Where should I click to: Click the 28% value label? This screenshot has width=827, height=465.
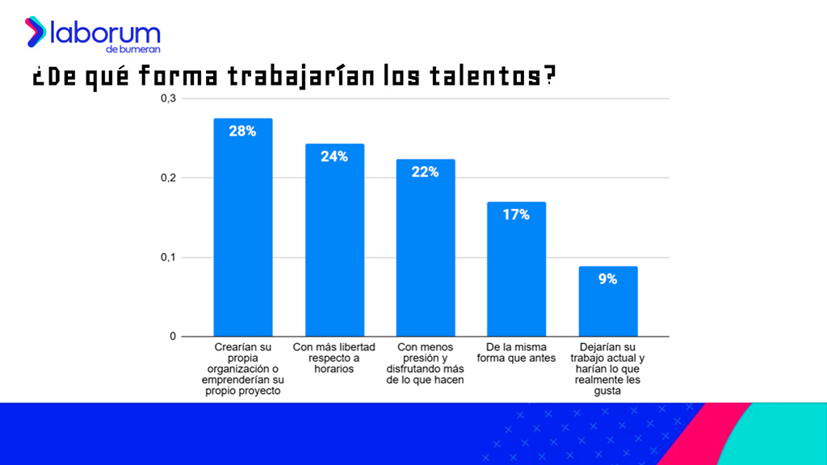point(242,131)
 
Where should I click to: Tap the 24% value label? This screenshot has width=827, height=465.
point(334,157)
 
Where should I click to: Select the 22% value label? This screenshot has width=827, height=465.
point(425,172)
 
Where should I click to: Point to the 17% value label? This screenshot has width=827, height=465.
point(516,215)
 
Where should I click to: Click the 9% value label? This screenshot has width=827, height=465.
point(608,279)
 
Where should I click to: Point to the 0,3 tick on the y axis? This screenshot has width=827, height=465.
point(168,98)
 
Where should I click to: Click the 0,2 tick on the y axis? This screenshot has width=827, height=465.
point(168,178)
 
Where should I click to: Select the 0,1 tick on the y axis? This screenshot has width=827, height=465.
point(168,258)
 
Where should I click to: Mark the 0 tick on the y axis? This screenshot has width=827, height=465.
point(172,337)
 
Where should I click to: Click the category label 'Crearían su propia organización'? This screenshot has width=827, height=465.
point(243,369)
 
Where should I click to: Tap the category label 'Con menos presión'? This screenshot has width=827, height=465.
point(426,363)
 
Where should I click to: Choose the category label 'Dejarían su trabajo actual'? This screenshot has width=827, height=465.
point(608,369)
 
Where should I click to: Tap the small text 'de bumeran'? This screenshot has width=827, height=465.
point(139,50)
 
